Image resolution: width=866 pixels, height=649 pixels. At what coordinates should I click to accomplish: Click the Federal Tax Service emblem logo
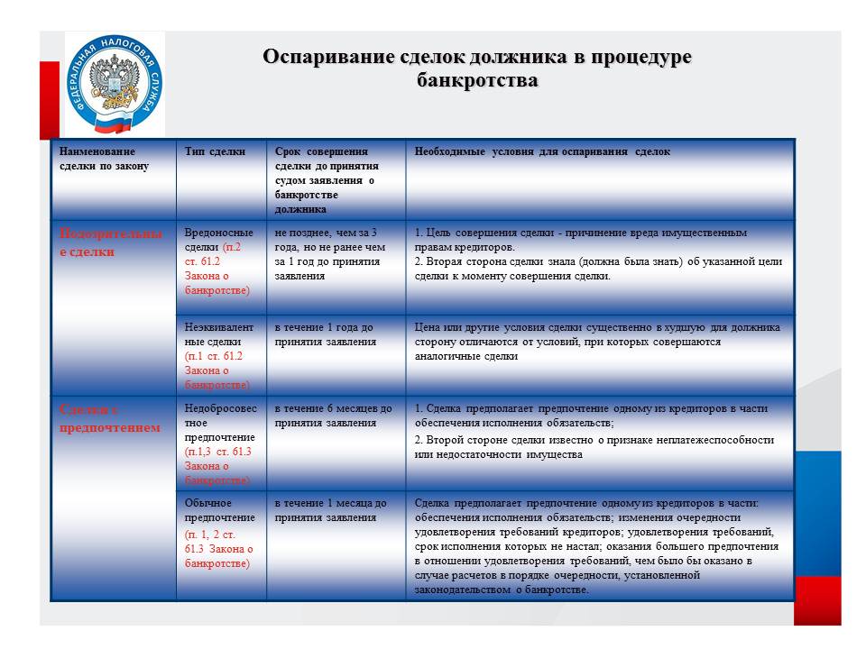(x=114, y=84)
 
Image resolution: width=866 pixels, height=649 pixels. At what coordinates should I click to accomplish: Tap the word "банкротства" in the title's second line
(x=477, y=81)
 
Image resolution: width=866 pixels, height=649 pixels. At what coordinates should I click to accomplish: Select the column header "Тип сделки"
(x=215, y=152)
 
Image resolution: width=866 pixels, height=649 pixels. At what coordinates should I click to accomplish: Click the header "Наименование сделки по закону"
(x=98, y=159)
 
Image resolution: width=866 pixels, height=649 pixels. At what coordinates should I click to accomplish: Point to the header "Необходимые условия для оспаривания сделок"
(x=542, y=152)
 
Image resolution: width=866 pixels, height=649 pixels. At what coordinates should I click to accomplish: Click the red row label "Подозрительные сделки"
(x=110, y=242)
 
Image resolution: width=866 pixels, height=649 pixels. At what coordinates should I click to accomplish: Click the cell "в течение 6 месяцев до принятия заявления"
(x=333, y=416)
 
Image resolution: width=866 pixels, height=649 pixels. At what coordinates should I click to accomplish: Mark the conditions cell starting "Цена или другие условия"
(x=597, y=342)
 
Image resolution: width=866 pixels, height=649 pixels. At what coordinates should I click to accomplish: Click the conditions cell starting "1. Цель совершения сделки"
(x=598, y=254)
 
